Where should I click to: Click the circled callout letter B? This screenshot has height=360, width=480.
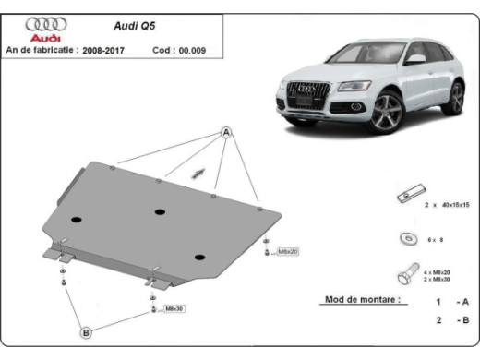[x=84, y=330]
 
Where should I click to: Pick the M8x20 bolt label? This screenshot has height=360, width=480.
[x=287, y=250]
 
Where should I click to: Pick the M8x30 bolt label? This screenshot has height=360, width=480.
[x=173, y=309]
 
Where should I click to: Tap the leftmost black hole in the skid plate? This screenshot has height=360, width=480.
[x=76, y=220]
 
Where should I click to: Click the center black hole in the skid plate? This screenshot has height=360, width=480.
[x=160, y=211]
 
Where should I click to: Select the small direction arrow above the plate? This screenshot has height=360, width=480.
[x=197, y=173]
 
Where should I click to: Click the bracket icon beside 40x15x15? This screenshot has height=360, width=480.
[x=405, y=198]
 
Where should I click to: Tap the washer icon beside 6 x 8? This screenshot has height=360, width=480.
[x=407, y=238]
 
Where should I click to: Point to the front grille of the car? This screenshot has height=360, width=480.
[x=306, y=93]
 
